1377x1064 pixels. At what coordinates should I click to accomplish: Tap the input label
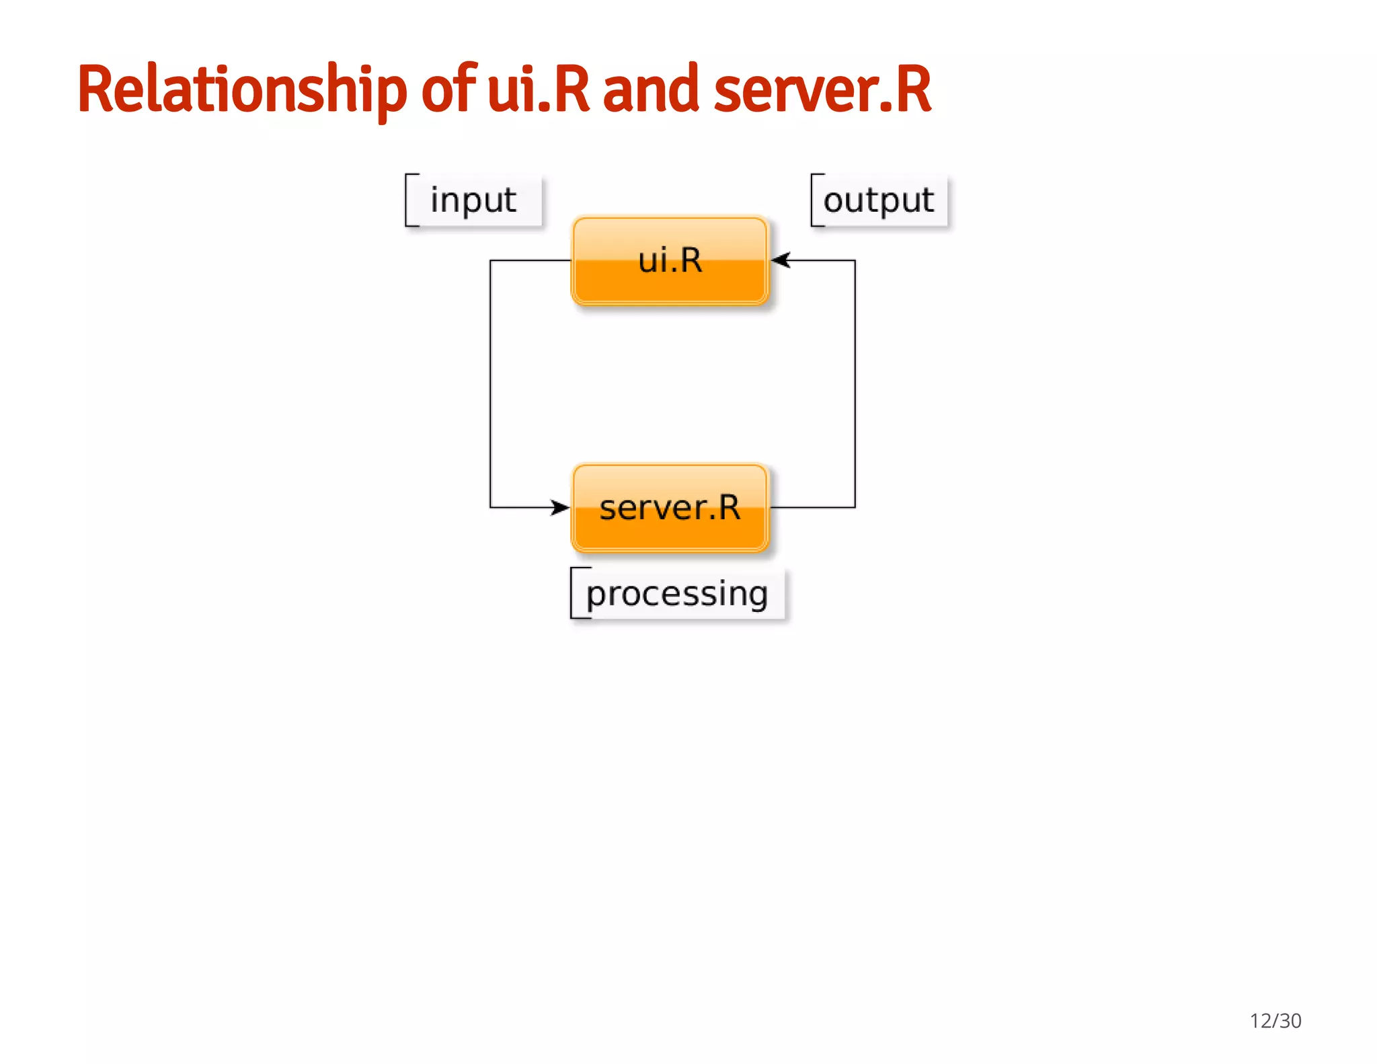tap(473, 200)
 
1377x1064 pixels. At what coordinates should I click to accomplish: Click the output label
tap(878, 200)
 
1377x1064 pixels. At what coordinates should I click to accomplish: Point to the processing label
tap(676, 594)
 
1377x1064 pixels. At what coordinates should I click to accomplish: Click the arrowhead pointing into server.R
tap(561, 507)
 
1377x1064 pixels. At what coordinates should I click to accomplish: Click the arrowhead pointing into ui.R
tap(780, 260)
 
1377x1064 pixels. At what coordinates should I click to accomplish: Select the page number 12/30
tap(1275, 1020)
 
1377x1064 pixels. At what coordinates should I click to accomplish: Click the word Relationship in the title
tap(242, 89)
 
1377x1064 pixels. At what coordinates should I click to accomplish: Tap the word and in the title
tap(650, 89)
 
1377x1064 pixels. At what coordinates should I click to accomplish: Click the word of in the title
tap(448, 89)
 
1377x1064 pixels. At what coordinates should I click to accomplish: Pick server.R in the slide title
tap(822, 89)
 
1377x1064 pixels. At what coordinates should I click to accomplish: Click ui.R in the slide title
tap(538, 89)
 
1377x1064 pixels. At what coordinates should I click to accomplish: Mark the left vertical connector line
tap(490, 383)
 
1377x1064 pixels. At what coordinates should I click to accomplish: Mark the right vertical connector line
tap(855, 383)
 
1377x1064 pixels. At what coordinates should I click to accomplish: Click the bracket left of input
tap(407, 200)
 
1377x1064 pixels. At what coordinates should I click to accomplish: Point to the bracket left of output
tap(813, 200)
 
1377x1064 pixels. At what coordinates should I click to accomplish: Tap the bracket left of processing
tap(573, 593)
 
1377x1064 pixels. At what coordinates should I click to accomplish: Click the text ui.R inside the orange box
tap(670, 260)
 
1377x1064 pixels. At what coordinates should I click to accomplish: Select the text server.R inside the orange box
tap(670, 508)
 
